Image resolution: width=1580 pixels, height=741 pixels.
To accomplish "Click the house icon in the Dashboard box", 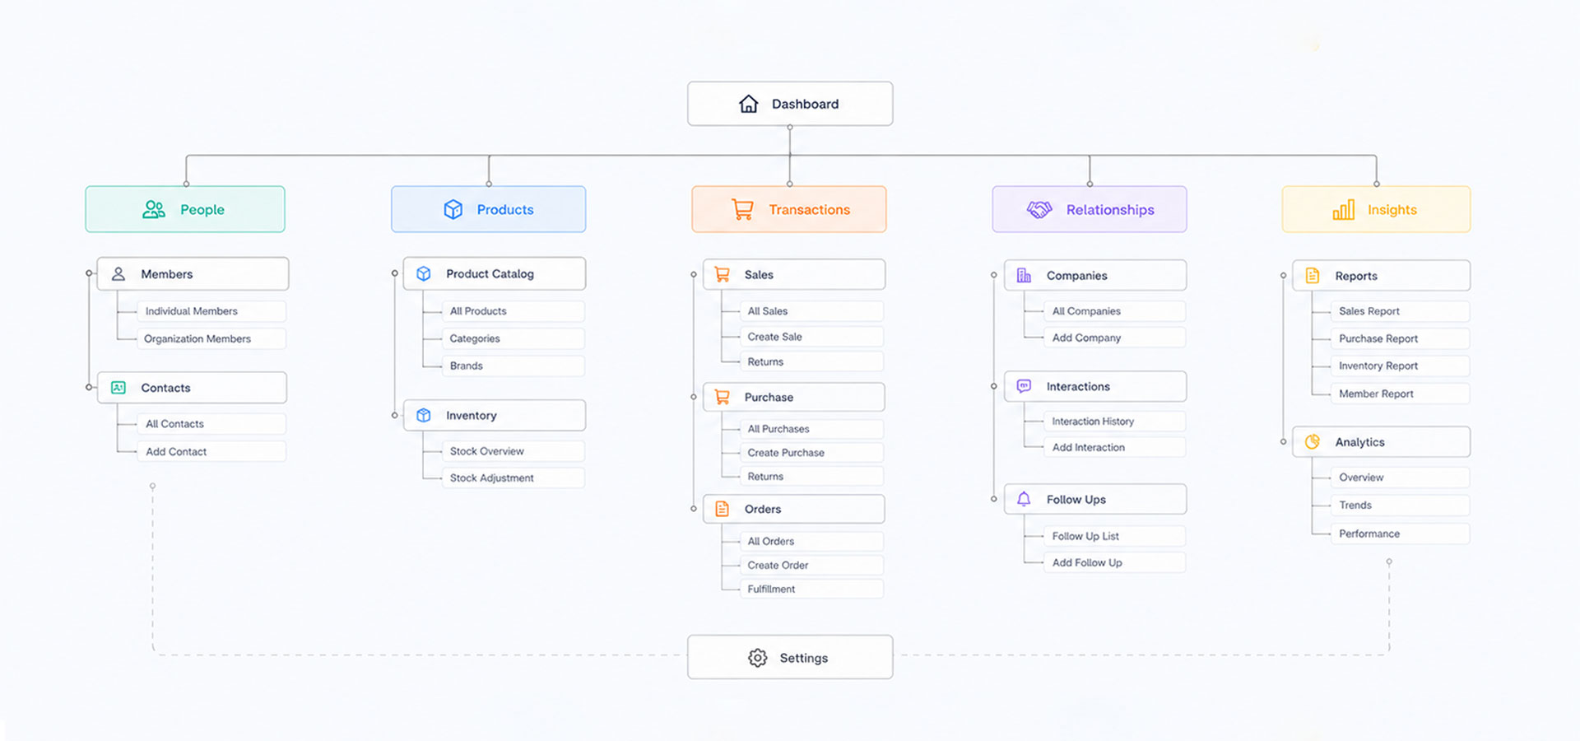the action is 748,104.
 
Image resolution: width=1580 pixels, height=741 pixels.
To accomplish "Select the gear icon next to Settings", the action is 757,658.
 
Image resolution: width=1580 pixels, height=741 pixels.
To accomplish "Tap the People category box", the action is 185,209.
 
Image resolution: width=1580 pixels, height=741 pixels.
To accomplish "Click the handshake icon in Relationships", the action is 1039,210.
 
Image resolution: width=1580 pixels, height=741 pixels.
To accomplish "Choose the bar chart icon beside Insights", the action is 1343,210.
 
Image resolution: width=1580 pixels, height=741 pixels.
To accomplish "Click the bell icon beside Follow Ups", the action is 1024,499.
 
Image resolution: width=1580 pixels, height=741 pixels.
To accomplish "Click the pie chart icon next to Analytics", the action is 1313,442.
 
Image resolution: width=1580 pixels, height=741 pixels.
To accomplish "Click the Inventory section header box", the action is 495,415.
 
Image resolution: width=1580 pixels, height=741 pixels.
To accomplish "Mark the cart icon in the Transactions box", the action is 742,210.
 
